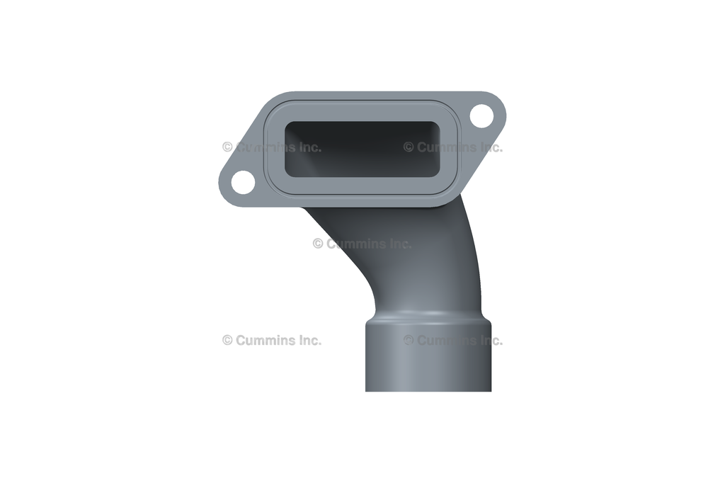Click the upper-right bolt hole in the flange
pos(481,114)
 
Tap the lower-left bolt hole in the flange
pos(243,182)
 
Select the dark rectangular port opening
pos(362,149)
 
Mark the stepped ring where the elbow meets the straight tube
pos(428,319)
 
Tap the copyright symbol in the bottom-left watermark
pos(227,340)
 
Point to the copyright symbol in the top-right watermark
pos(409,147)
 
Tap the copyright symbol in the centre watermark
pos(318,244)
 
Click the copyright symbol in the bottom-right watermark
pos(409,340)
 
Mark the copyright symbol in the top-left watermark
pos(227,147)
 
